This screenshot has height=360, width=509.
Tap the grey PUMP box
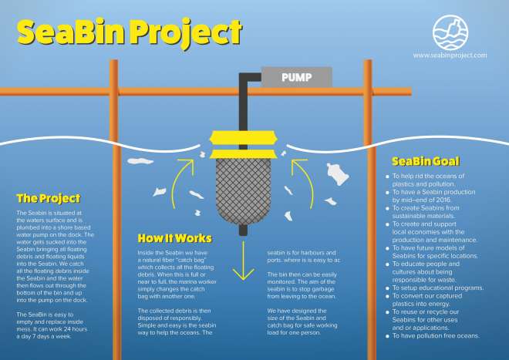click(296, 77)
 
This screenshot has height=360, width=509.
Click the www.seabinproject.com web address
click(450, 56)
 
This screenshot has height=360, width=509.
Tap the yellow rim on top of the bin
click(244, 138)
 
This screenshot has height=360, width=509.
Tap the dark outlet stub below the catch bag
click(244, 228)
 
